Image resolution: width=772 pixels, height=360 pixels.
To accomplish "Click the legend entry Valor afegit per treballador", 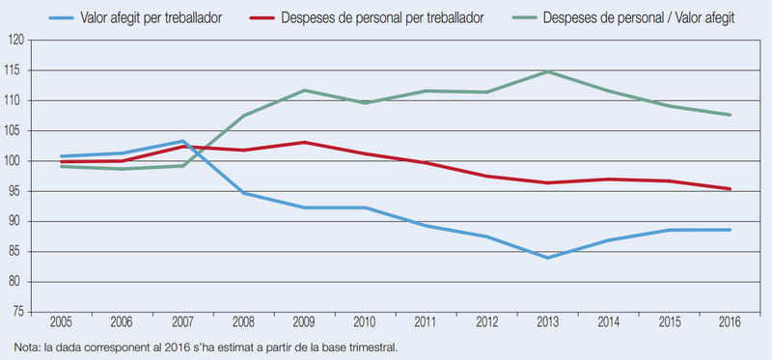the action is [x=135, y=18].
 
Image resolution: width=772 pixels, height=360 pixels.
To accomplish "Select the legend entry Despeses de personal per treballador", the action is [x=367, y=18].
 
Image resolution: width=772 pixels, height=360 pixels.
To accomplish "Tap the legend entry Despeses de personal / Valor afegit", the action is [x=622, y=18].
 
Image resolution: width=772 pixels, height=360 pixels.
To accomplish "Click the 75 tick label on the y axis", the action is [x=19, y=313].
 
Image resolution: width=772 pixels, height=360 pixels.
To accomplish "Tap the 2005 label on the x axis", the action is [x=61, y=323].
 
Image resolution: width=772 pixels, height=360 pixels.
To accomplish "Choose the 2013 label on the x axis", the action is [x=547, y=323].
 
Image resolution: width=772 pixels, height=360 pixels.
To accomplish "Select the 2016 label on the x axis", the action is [x=731, y=323].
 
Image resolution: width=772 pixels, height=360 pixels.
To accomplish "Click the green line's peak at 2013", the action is [x=547, y=71].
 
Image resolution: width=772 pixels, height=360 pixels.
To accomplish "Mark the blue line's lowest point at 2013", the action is [x=547, y=258].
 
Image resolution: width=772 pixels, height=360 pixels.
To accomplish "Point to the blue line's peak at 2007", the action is [x=182, y=141].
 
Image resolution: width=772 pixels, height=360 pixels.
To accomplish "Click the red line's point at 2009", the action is [x=304, y=142].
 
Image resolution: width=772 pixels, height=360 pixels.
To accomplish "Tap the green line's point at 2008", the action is [x=244, y=116].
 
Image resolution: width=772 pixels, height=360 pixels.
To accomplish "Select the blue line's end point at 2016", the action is [x=731, y=230].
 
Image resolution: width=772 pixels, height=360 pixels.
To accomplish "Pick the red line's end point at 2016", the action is [x=731, y=188].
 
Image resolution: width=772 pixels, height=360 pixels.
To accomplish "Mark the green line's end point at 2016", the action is [x=731, y=115].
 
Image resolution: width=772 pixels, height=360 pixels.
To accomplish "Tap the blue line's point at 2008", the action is [x=244, y=193].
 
